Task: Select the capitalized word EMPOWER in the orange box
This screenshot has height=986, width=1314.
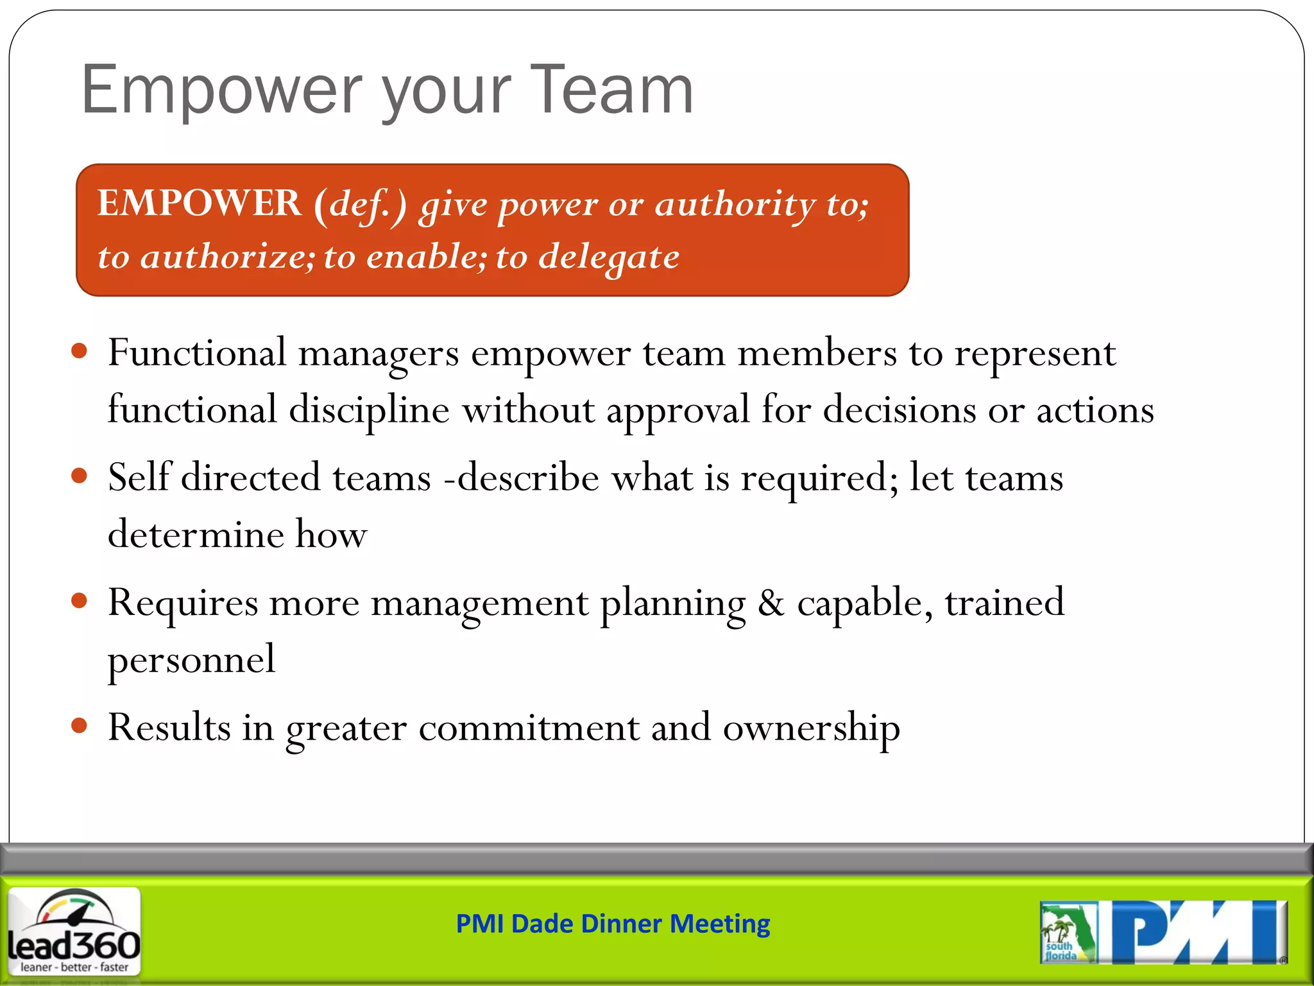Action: (x=199, y=203)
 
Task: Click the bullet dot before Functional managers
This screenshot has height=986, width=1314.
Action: (x=80, y=351)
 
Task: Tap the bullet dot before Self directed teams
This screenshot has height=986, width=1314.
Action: (x=80, y=476)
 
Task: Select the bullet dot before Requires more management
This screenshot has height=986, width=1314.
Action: (x=80, y=601)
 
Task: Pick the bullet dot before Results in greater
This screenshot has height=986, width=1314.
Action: (x=80, y=725)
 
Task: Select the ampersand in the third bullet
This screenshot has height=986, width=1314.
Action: (x=771, y=603)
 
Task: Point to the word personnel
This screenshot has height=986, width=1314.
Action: (x=191, y=660)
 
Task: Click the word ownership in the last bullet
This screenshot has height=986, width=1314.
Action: (x=811, y=728)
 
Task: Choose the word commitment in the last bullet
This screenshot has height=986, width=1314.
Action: (x=529, y=728)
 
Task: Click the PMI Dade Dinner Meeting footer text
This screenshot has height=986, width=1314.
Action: (x=613, y=924)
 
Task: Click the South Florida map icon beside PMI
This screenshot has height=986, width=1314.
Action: (x=1068, y=933)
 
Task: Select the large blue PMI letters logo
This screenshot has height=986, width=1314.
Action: (x=1197, y=932)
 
